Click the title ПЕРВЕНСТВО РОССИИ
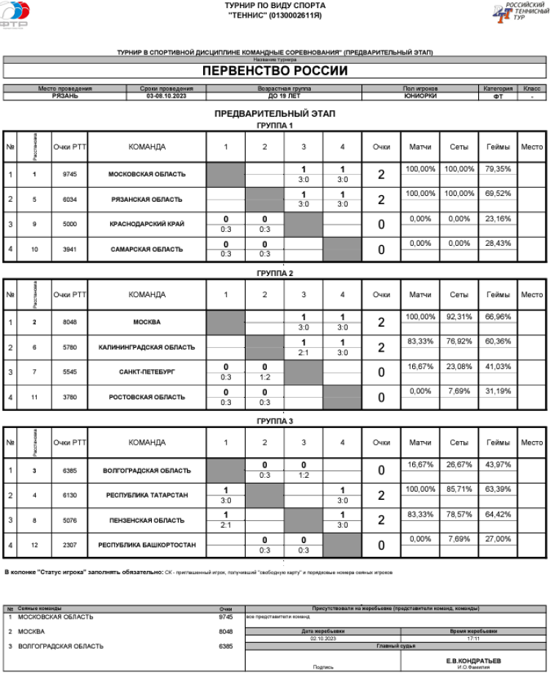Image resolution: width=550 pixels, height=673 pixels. [275, 71]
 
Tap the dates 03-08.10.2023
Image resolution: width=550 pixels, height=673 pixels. [166, 96]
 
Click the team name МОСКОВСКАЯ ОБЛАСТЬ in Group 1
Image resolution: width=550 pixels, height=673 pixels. [147, 175]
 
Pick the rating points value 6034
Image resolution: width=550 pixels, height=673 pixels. [69, 200]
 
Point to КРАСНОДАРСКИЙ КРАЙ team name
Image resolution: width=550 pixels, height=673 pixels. [147, 225]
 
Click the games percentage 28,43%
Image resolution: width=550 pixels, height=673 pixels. [498, 244]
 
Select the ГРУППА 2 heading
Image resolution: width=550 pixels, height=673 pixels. [275, 273]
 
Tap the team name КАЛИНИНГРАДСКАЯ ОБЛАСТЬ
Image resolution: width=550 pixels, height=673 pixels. [147, 348]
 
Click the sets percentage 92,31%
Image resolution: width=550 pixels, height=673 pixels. [459, 317]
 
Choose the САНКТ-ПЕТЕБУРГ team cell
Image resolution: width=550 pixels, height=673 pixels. [147, 373]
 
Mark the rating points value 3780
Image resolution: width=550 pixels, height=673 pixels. [69, 398]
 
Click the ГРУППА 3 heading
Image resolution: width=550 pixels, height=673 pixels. [275, 421]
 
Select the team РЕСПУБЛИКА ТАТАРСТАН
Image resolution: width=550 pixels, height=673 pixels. [147, 496]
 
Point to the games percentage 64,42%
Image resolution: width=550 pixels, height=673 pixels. [498, 514]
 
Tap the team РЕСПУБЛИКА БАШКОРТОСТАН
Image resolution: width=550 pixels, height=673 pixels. [147, 546]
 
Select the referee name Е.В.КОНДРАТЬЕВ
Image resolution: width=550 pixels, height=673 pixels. [474, 661]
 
